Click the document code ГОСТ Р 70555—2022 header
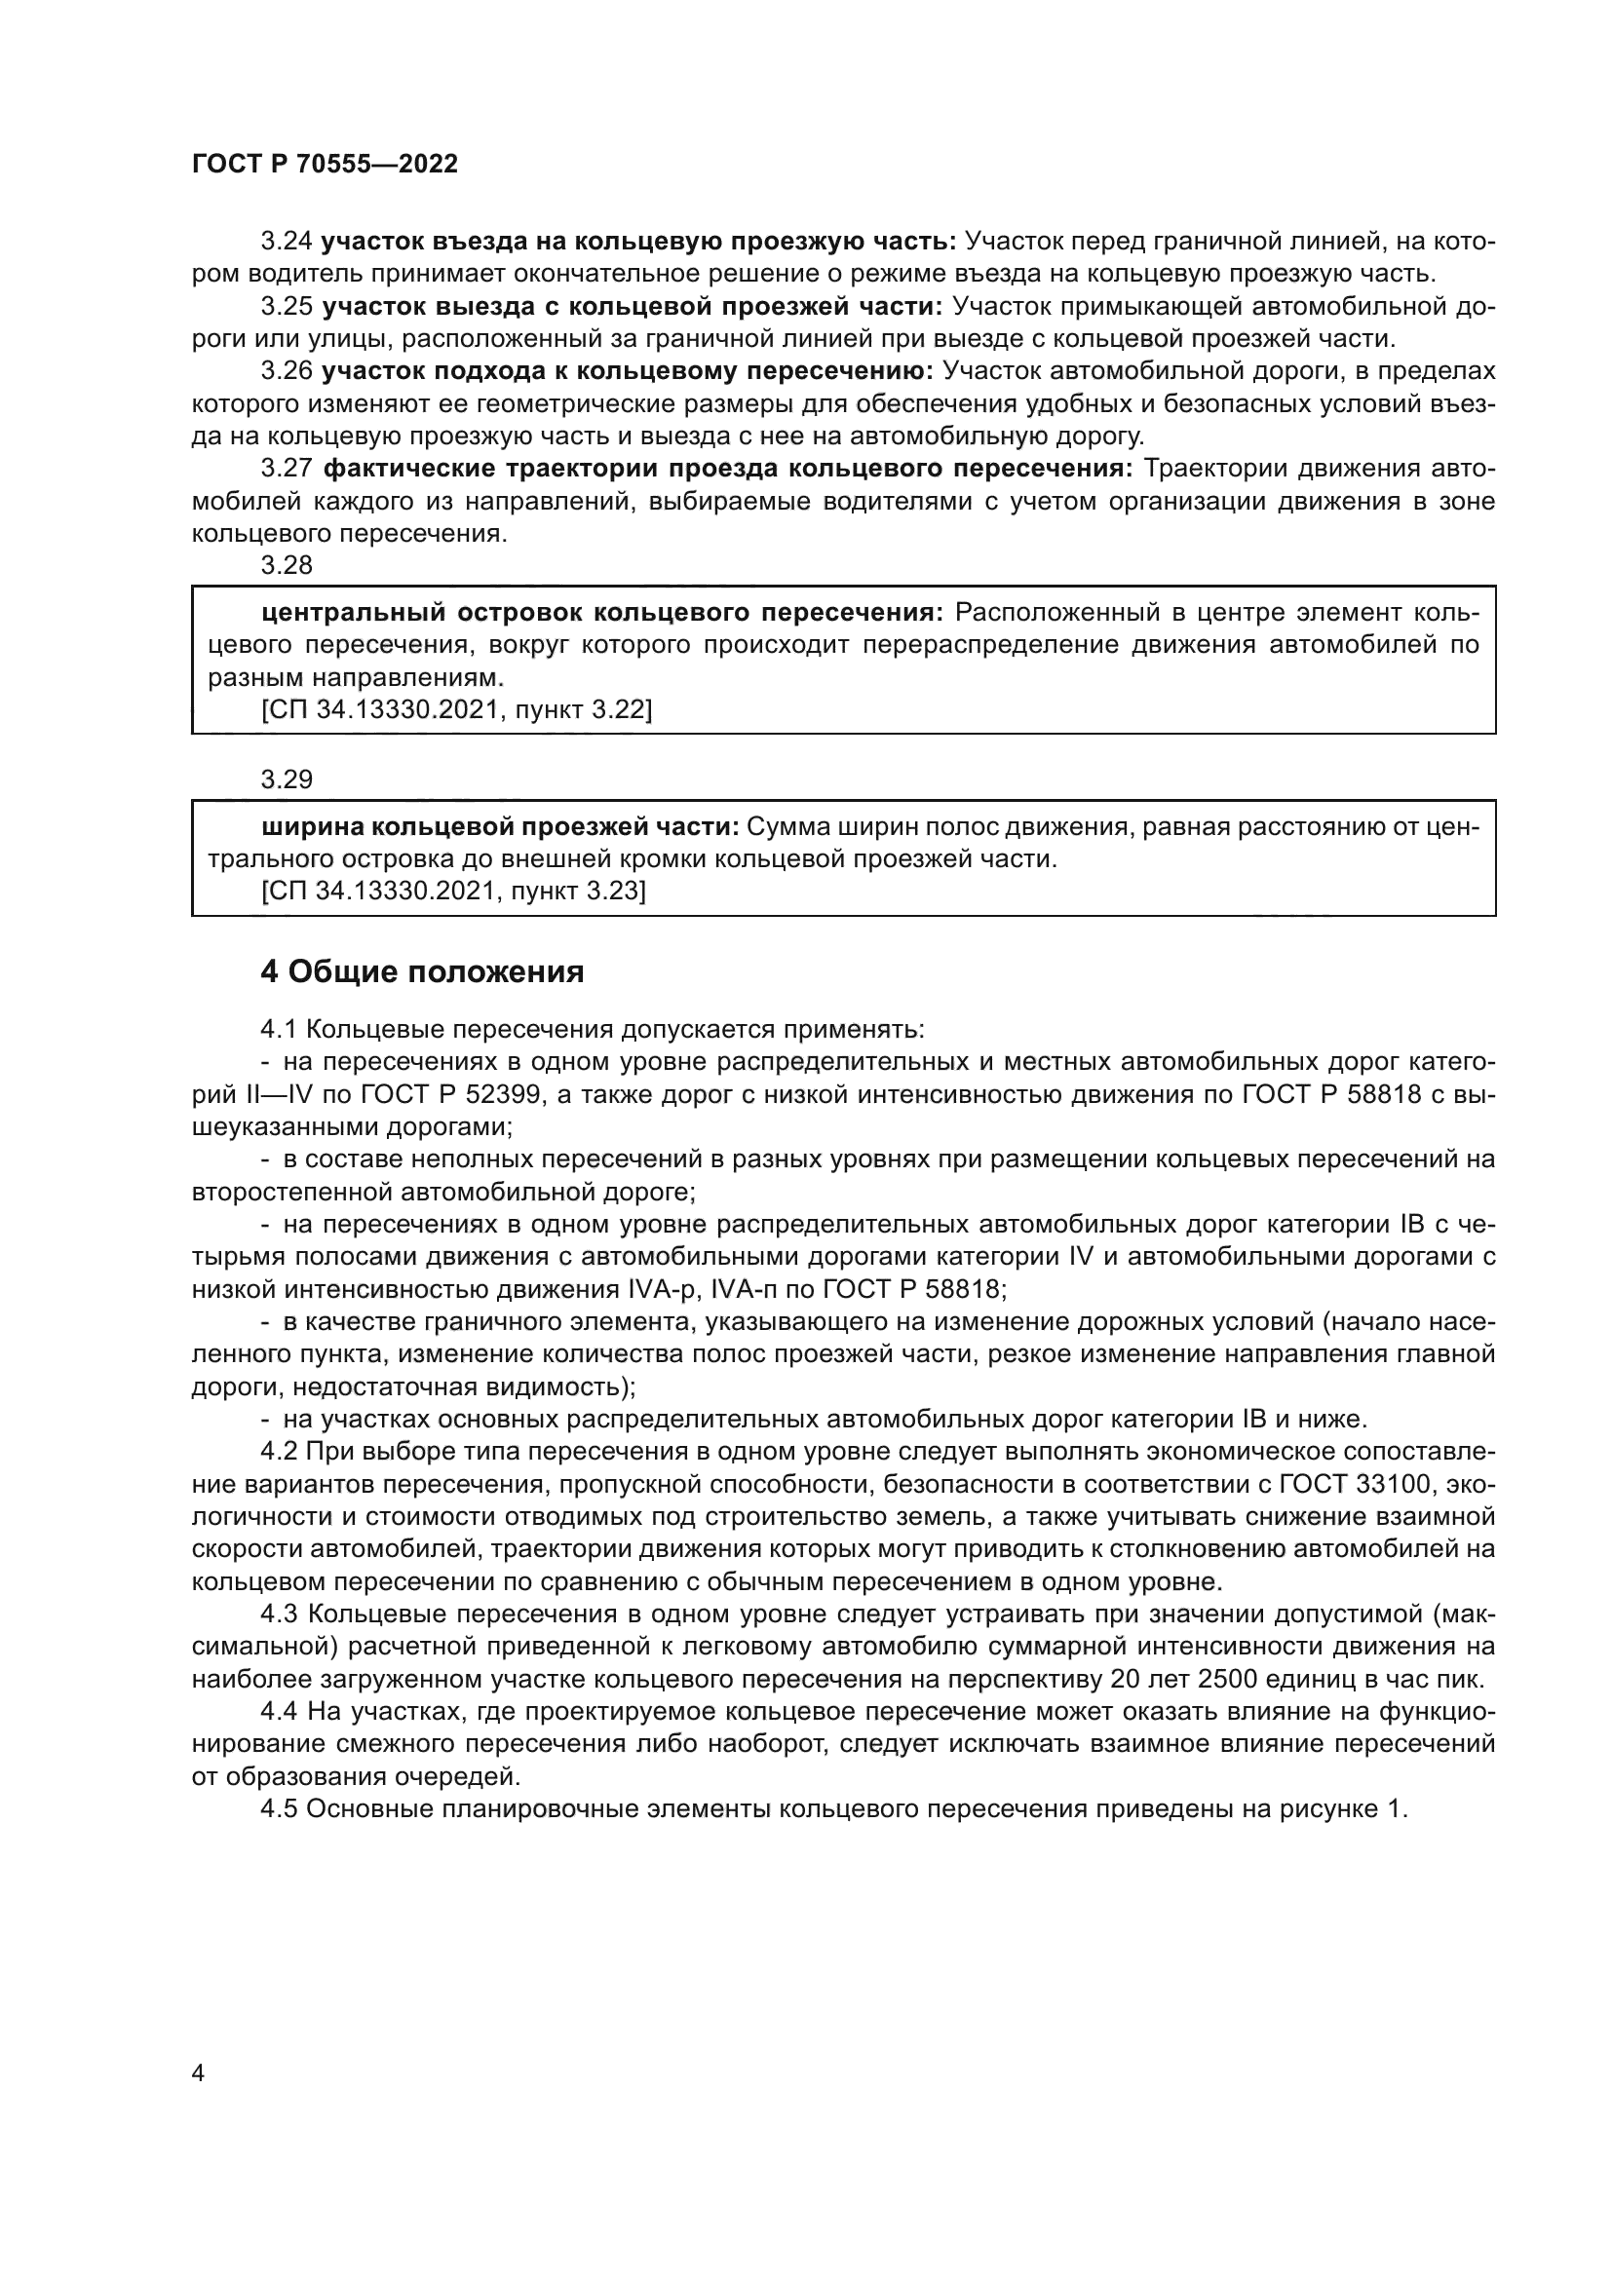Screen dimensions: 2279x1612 (x=325, y=165)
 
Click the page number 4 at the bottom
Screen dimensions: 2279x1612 (x=198, y=2073)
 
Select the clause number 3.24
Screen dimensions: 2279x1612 (x=287, y=242)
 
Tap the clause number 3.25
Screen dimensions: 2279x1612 (x=287, y=307)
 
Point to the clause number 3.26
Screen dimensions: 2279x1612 (x=287, y=371)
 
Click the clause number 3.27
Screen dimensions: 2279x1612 (x=287, y=469)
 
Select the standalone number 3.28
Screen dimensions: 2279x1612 (x=287, y=566)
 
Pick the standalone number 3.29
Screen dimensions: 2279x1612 (x=287, y=780)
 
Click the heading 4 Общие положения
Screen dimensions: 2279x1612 (x=422, y=971)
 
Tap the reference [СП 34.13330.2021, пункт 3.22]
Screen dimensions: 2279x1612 (x=456, y=709)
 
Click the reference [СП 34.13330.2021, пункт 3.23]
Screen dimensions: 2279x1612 (x=453, y=892)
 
